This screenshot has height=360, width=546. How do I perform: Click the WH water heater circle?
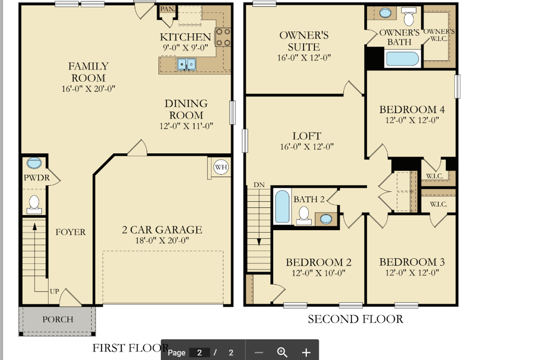click(x=221, y=167)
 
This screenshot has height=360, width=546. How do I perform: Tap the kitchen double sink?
click(x=187, y=64)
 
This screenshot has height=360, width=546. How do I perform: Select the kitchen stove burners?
click(x=223, y=37)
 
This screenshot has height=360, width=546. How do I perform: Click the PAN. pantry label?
click(x=168, y=9)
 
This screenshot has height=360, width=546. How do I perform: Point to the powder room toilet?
click(x=34, y=204)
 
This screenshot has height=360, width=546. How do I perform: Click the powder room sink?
click(x=34, y=163)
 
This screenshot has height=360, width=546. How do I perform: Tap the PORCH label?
click(x=58, y=319)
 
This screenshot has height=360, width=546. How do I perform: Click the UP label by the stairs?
click(x=54, y=291)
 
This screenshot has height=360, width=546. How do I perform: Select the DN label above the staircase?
click(x=259, y=185)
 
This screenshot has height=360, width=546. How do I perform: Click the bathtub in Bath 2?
click(x=282, y=206)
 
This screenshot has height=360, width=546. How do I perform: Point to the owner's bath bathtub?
click(x=402, y=59)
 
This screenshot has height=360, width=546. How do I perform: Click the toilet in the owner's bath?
click(x=409, y=16)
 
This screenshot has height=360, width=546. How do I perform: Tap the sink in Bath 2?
click(x=326, y=219)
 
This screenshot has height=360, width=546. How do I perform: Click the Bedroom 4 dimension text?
click(x=412, y=120)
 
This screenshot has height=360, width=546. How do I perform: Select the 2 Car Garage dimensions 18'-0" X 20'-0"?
click(x=162, y=240)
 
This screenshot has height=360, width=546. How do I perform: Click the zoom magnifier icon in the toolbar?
click(x=282, y=352)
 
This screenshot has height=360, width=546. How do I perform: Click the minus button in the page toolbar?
click(x=259, y=353)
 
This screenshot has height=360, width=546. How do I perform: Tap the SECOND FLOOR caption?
click(x=356, y=319)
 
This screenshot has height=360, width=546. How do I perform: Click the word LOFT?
click(x=306, y=136)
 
